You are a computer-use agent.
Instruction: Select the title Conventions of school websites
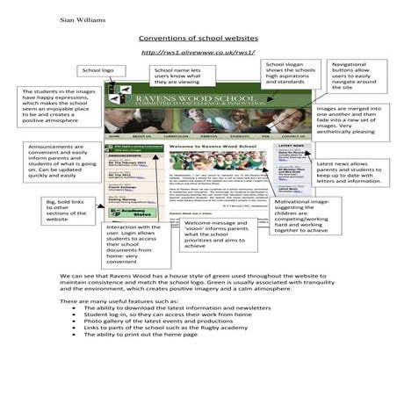pyautogui.click(x=198, y=40)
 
